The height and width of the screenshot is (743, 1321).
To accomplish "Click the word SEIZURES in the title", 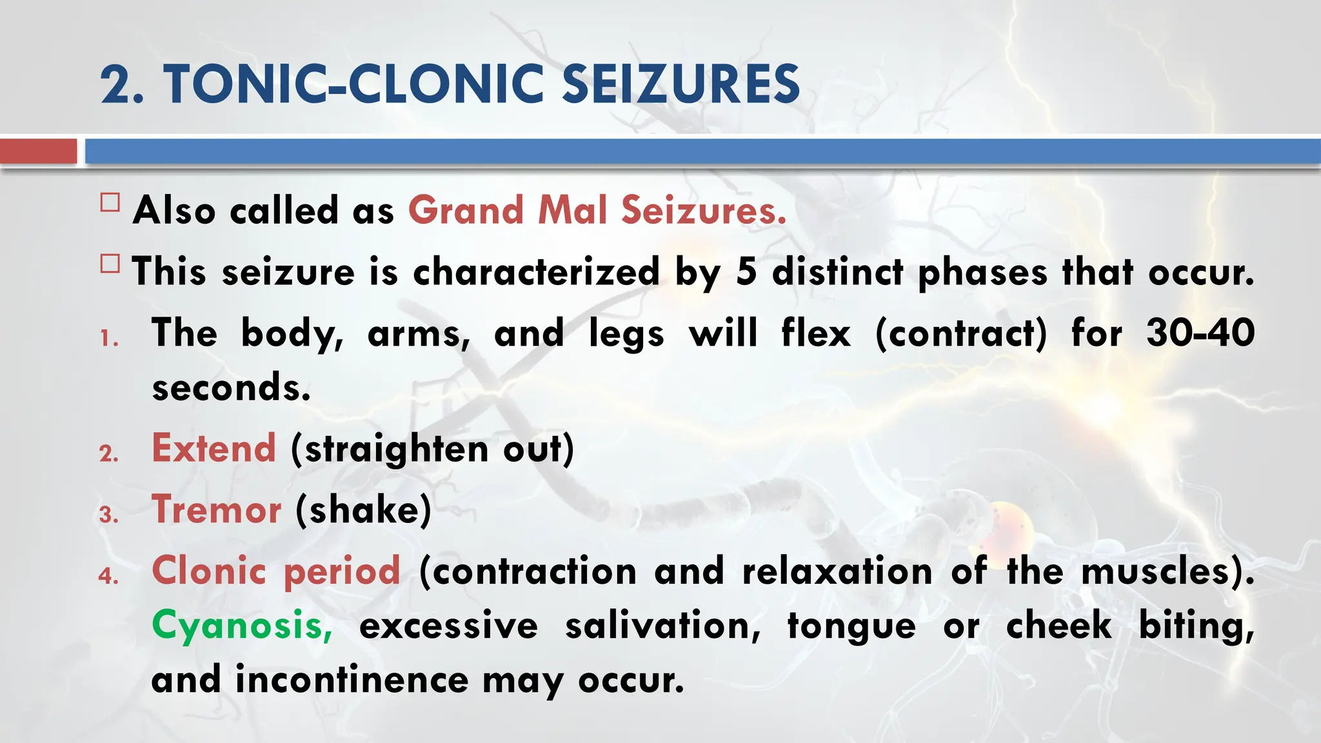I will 681,84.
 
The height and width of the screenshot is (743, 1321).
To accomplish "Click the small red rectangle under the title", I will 38,152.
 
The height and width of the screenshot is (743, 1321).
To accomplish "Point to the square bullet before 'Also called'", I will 110,203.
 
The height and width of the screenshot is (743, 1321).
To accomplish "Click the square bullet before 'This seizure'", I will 110,264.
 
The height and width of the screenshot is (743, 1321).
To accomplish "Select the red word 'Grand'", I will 466,210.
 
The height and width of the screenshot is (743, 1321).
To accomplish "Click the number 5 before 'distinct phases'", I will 746,272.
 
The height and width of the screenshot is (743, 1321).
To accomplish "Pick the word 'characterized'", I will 536,272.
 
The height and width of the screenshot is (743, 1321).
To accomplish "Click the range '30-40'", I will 1200,333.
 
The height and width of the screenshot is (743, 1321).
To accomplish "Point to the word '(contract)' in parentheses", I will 961,333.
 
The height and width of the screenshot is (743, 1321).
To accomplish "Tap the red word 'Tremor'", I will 216,509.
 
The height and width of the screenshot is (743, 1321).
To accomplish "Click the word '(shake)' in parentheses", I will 364,510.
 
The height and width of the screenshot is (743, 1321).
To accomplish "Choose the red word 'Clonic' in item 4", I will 209,570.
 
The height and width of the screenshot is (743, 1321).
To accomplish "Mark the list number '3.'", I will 109,515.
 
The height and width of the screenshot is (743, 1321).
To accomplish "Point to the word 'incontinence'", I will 352,680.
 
